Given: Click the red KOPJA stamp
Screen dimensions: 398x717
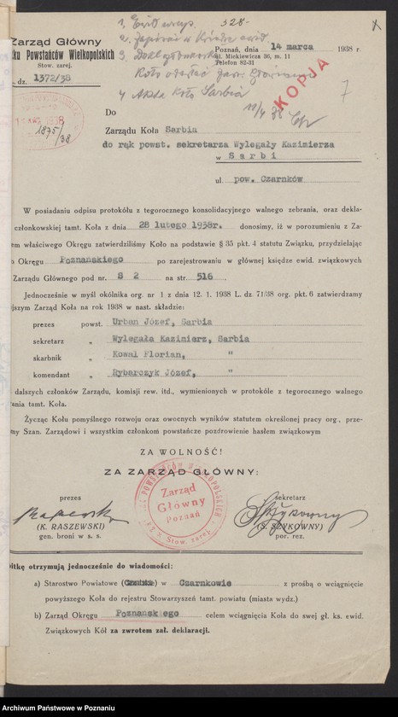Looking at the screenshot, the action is (x=317, y=74).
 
